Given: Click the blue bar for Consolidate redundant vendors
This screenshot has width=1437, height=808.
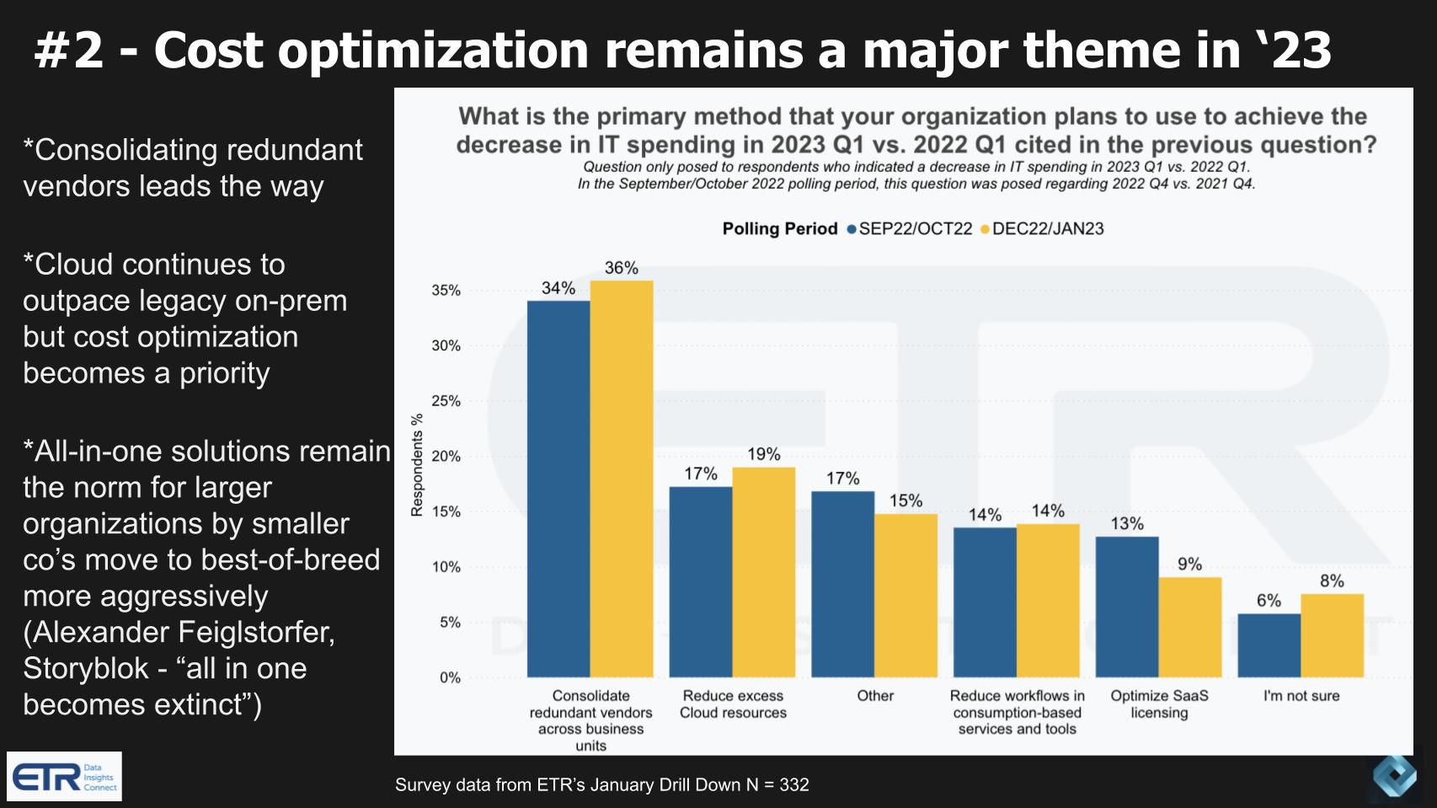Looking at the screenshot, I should pyautogui.click(x=558, y=489).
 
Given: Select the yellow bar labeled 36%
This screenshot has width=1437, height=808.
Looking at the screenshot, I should pyautogui.click(x=622, y=479).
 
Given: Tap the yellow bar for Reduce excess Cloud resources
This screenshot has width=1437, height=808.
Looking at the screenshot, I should pyautogui.click(x=764, y=572).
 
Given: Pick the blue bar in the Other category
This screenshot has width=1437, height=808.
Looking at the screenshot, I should pyautogui.click(x=842, y=584).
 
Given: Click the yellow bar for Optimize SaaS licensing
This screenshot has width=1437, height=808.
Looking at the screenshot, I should pyautogui.click(x=1190, y=627).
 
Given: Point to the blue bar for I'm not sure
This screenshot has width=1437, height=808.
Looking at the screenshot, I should pyautogui.click(x=1269, y=645).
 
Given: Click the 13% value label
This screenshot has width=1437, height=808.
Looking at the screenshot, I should pyautogui.click(x=1127, y=524).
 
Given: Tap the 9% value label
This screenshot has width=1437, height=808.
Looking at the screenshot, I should pyautogui.click(x=1190, y=565).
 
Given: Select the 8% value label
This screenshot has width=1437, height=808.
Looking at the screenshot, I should pyautogui.click(x=1332, y=581).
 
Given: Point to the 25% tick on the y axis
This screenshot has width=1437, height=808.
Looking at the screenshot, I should pyautogui.click(x=446, y=401).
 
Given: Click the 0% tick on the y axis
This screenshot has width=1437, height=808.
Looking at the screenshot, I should pyautogui.click(x=450, y=678).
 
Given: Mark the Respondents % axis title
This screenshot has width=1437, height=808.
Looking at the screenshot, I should pyautogui.click(x=417, y=465).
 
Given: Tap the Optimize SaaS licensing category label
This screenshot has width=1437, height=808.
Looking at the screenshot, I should pyautogui.click(x=1159, y=704).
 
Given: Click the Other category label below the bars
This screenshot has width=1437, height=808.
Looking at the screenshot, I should pyautogui.click(x=875, y=696).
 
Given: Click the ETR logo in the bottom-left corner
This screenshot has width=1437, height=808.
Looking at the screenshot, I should pyautogui.click(x=64, y=776).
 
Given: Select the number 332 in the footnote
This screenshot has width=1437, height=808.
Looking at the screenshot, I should pyautogui.click(x=794, y=785).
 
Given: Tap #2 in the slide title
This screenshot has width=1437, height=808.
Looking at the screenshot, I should pyautogui.click(x=69, y=51).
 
